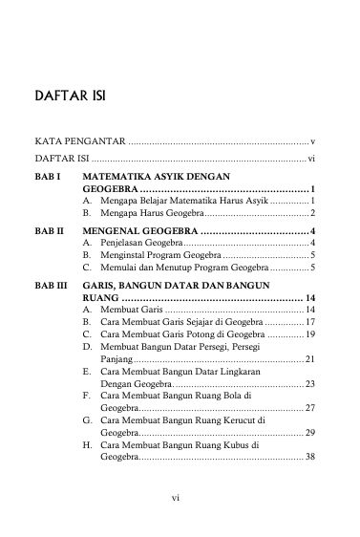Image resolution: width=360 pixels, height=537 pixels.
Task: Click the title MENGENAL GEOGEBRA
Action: (140, 231)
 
